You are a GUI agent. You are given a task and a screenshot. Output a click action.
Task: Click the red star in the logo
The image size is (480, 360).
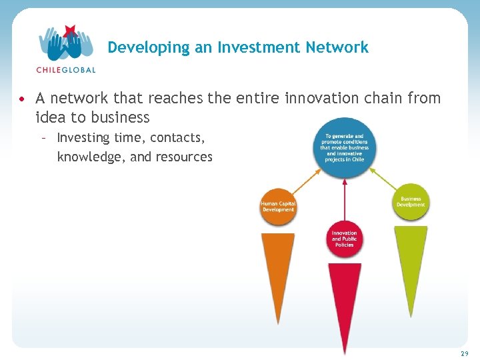pyautogui.click(x=69, y=31)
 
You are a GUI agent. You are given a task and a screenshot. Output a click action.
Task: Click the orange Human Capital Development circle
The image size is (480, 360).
pyautogui.click(x=278, y=207)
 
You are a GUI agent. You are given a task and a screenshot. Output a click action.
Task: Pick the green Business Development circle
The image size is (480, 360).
pyautogui.click(x=411, y=201)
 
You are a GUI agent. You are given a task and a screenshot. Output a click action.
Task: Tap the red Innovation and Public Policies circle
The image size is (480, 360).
pyautogui.click(x=344, y=239)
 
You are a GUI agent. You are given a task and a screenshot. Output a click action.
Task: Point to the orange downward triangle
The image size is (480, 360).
pyautogui.click(x=277, y=267)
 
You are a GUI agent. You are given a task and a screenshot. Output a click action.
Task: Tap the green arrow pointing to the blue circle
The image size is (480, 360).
pyautogui.click(x=382, y=176)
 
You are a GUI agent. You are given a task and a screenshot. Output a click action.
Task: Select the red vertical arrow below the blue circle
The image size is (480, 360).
pyautogui.click(x=344, y=200)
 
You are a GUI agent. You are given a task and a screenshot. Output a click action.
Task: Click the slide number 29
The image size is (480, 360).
pyautogui.click(x=464, y=353)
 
